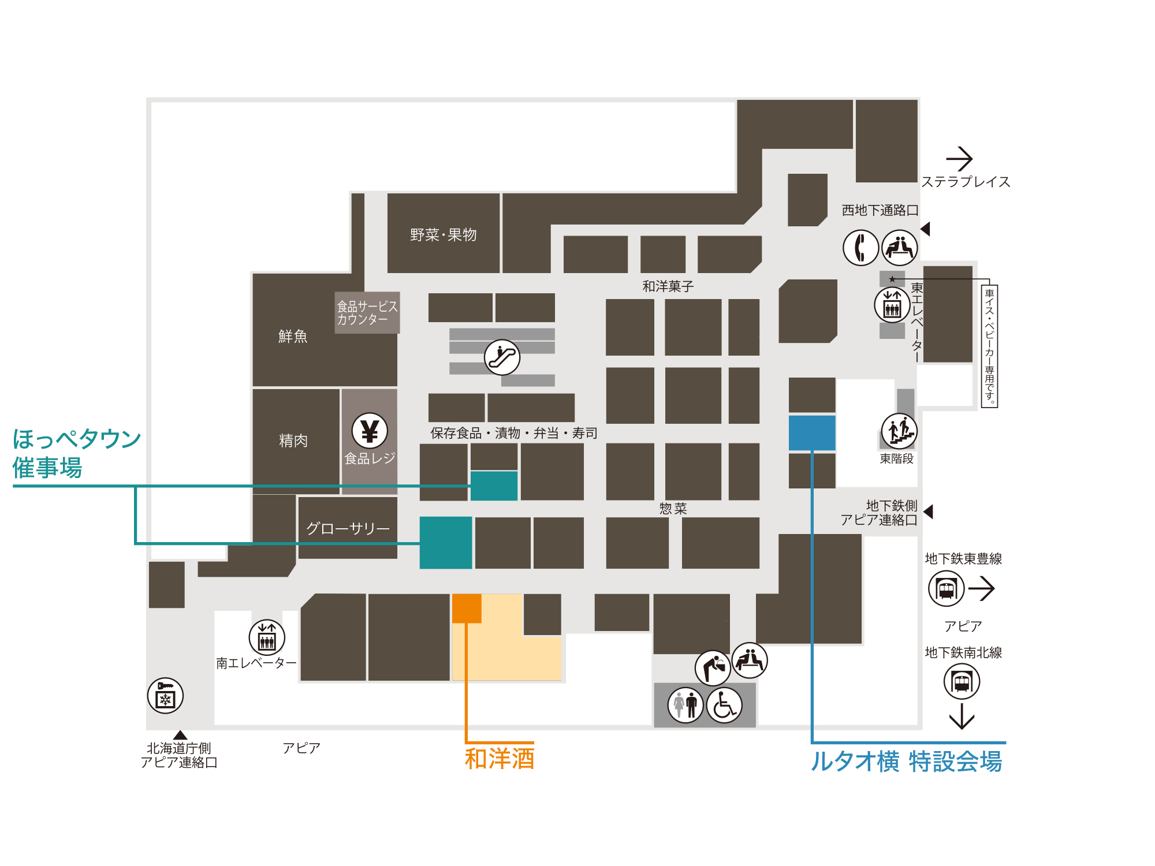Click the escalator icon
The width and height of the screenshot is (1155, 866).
point(502,357)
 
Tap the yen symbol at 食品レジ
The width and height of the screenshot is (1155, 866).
point(370,431)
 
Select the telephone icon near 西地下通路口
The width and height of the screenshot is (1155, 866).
point(860,248)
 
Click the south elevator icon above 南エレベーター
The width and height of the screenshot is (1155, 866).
point(267,637)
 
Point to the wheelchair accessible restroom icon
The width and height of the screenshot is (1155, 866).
point(724,705)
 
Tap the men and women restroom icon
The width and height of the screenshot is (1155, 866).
point(685,705)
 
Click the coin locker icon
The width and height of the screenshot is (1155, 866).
point(165,696)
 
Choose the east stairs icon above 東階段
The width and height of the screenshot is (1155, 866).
point(899,431)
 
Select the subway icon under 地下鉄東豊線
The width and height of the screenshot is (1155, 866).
point(946,589)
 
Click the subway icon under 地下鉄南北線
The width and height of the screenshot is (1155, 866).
point(962,682)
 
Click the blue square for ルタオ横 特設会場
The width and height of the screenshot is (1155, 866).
point(812,432)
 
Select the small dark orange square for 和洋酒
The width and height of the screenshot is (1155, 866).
point(467,609)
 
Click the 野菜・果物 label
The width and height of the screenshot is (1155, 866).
point(444,235)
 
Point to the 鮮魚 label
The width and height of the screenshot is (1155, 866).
point(293,336)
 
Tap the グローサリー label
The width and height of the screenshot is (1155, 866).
point(348,528)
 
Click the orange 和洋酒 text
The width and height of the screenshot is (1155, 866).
point(500,759)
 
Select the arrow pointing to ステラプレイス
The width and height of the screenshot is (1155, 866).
point(959,159)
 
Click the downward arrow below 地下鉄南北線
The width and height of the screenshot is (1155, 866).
point(962,716)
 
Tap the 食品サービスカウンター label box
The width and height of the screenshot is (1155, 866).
point(367,312)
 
